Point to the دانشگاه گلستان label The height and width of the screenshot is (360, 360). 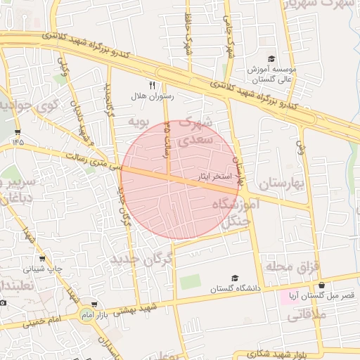236,289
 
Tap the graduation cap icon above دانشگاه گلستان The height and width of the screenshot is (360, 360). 235,278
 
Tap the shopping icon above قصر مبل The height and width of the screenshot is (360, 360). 322,285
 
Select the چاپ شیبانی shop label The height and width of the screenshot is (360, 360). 44,269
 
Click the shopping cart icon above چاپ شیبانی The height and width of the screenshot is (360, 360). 42,258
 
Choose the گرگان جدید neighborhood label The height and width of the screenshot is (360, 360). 141,260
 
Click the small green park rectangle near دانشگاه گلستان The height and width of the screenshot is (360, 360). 190,282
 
